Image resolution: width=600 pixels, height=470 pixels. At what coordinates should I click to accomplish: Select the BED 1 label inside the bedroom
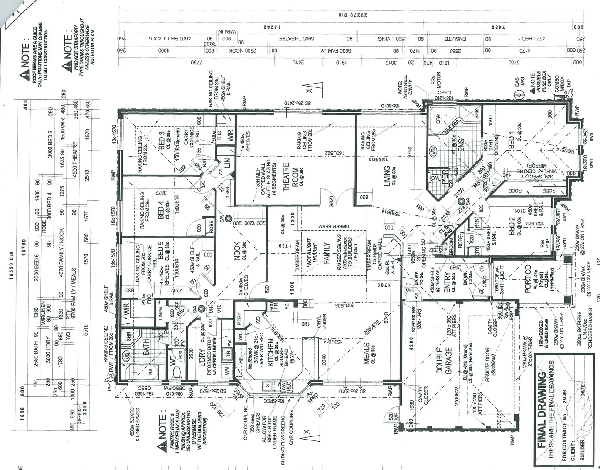tap(512, 139)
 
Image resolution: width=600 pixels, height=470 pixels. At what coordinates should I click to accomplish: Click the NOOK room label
tap(238, 251)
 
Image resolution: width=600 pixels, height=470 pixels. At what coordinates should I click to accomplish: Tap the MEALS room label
tap(367, 353)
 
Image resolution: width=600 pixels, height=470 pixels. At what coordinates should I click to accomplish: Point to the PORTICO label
tap(528, 279)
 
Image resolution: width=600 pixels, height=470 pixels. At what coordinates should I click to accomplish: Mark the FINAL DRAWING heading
tap(542, 410)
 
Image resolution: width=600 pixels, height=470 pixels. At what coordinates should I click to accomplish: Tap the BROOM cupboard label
tap(452, 245)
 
